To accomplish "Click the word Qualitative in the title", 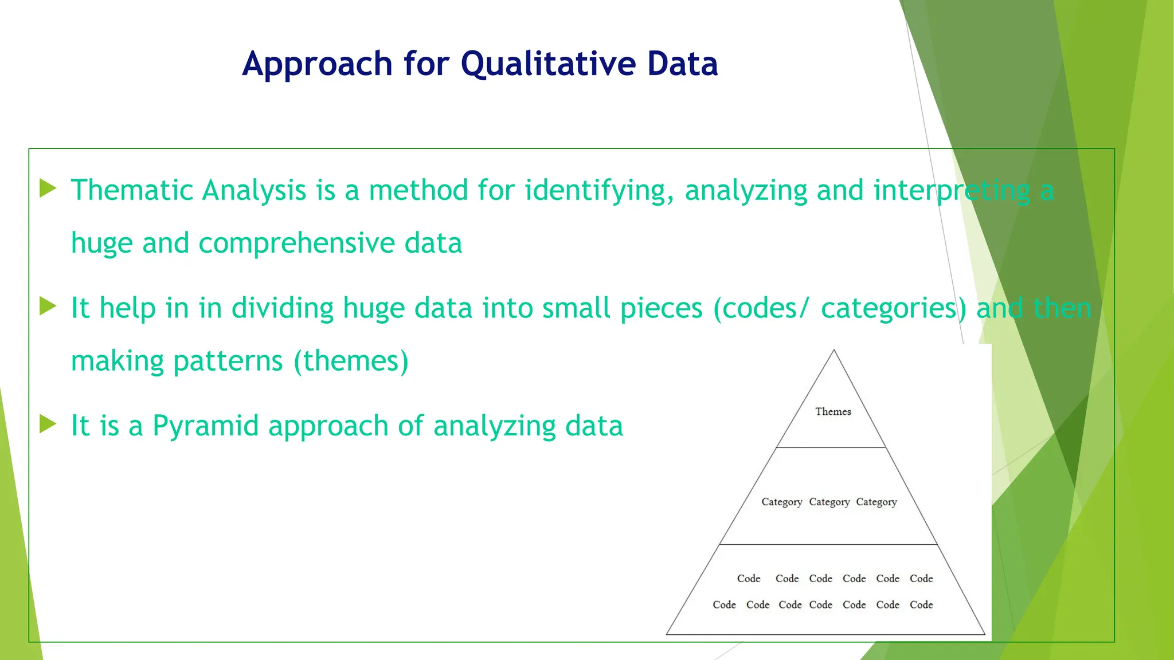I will coord(549,64).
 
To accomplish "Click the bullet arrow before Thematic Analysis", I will coord(48,188).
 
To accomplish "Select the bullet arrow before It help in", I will coord(48,307).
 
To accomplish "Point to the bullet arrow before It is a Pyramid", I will coord(48,425).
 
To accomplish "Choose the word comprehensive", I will coord(296,244).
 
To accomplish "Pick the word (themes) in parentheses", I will coord(351,362).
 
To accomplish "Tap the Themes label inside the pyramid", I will coord(833,411).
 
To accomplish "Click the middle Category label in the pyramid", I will coord(829,502).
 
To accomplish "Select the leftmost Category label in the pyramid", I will coord(781,502).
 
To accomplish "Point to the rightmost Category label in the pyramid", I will coord(876,502).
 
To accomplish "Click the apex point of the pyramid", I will coord(833,351).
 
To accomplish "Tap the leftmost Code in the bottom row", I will coord(724,604).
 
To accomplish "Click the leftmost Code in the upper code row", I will coord(749,579).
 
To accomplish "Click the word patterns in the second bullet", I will coord(228,362).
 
